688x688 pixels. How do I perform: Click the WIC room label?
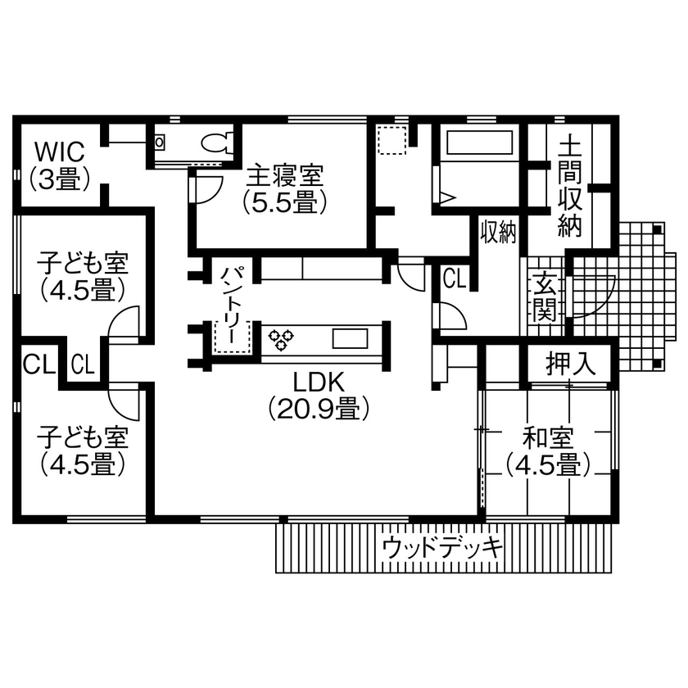[59, 165]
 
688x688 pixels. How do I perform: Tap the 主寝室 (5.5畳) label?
[284, 188]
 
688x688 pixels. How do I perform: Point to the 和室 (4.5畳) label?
[548, 451]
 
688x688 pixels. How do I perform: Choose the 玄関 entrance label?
[544, 296]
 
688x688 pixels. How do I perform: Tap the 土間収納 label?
[570, 188]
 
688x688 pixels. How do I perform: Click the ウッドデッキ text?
[442, 547]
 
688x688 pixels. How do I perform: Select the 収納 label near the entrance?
[498, 233]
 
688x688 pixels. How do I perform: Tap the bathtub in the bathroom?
[478, 143]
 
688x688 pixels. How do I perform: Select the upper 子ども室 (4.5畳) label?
[82, 276]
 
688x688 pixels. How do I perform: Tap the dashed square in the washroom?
[392, 140]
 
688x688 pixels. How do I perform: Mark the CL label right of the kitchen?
[454, 278]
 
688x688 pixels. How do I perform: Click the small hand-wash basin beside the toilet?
[159, 143]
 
